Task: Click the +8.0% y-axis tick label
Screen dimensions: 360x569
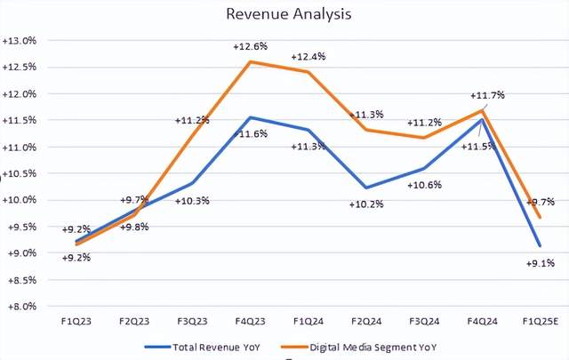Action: (x=20, y=306)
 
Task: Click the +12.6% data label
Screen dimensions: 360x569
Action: (x=251, y=47)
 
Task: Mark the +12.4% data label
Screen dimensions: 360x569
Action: (x=309, y=56)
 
